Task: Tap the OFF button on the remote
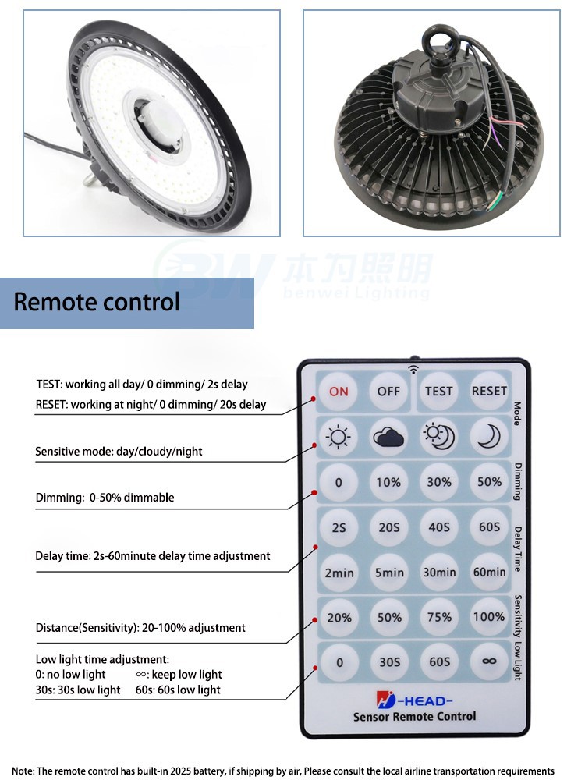388,391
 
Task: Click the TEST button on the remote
439,391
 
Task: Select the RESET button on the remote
489,391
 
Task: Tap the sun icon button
339,438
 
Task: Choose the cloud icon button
388,438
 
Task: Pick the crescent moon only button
489,438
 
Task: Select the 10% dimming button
388,483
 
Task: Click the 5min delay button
388,572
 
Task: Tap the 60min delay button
489,572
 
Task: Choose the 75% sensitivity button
439,617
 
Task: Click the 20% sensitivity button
339,617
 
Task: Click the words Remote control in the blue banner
97,302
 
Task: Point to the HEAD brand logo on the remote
424,699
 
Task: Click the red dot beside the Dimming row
315,493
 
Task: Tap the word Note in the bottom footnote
23,771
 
